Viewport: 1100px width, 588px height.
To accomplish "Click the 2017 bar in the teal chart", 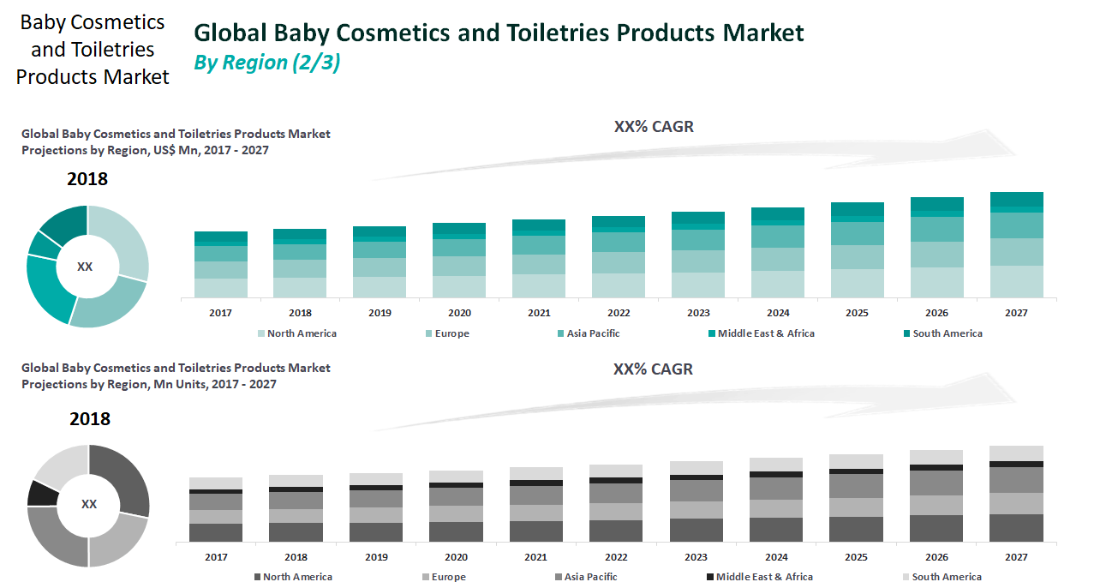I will pyautogui.click(x=221, y=265).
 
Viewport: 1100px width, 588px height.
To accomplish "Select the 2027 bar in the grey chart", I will pyautogui.click(x=1016, y=494).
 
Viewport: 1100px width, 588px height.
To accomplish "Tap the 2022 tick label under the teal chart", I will pyautogui.click(x=619, y=313).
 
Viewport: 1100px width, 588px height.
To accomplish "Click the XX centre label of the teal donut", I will pyautogui.click(x=85, y=267).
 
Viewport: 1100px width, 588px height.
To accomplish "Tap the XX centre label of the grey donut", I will pyautogui.click(x=88, y=504).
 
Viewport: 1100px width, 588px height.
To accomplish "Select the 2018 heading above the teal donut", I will pyautogui.click(x=87, y=179).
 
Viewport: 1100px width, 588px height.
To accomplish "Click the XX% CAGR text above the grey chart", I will pyautogui.click(x=653, y=369).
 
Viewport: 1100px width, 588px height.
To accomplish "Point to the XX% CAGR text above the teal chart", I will pyautogui.click(x=654, y=127).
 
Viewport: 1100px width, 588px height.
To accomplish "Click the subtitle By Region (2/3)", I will pyautogui.click(x=267, y=63).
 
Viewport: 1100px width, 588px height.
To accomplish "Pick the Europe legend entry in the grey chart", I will pyautogui.click(x=448, y=577).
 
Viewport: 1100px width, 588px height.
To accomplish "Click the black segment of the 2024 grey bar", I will pyautogui.click(x=776, y=474).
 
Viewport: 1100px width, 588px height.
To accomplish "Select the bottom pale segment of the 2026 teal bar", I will pyautogui.click(x=936, y=283).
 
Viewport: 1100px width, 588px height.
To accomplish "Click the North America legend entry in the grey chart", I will pyautogui.click(x=296, y=577).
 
